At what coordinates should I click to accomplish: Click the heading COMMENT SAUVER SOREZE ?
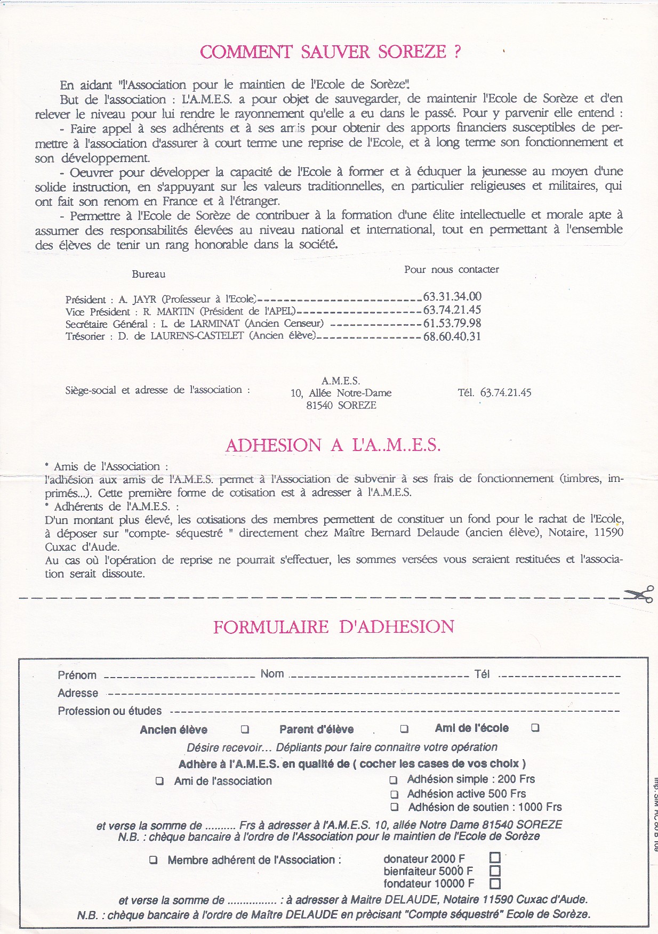(x=330, y=52)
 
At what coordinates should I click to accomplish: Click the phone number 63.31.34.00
(x=452, y=296)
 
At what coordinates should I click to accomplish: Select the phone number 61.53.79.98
(x=452, y=323)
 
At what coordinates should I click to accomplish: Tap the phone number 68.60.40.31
(x=452, y=336)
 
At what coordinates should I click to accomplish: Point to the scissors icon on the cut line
(x=639, y=594)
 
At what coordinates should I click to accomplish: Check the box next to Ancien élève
(x=245, y=729)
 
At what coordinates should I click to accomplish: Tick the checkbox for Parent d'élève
(x=405, y=728)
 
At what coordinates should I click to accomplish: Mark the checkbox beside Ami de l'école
(x=535, y=728)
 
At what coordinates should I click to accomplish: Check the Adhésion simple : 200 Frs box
(x=394, y=780)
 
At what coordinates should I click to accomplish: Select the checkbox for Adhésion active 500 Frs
(x=395, y=794)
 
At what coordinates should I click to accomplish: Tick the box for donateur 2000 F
(x=495, y=858)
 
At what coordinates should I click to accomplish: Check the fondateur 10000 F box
(x=495, y=883)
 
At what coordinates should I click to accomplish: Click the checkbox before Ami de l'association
(x=159, y=781)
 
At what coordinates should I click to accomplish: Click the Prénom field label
(x=77, y=675)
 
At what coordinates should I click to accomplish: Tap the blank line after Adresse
(x=363, y=694)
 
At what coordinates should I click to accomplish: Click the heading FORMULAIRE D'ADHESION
(x=334, y=627)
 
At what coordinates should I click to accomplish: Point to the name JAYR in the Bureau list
(x=144, y=300)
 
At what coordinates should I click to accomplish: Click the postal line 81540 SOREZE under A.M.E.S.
(x=341, y=405)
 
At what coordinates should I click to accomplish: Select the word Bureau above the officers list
(x=149, y=274)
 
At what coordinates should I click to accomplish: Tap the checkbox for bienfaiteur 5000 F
(x=495, y=871)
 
